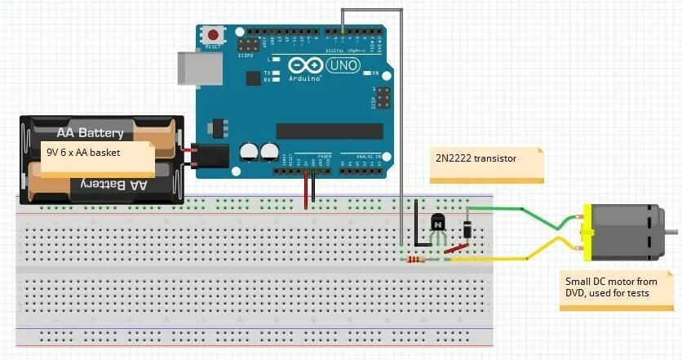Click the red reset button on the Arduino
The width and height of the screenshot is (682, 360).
pyautogui.click(x=213, y=36)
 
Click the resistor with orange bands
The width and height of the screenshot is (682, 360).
pyautogui.click(x=415, y=260)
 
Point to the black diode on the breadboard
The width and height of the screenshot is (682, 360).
pyautogui.click(x=466, y=229)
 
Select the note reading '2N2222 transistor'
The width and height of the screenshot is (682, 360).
pyautogui.click(x=486, y=163)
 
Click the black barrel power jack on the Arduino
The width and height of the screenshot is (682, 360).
pyautogui.click(x=209, y=158)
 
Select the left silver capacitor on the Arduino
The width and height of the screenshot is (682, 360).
pyautogui.click(x=250, y=152)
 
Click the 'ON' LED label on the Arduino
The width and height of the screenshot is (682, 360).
pyautogui.click(x=387, y=72)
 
